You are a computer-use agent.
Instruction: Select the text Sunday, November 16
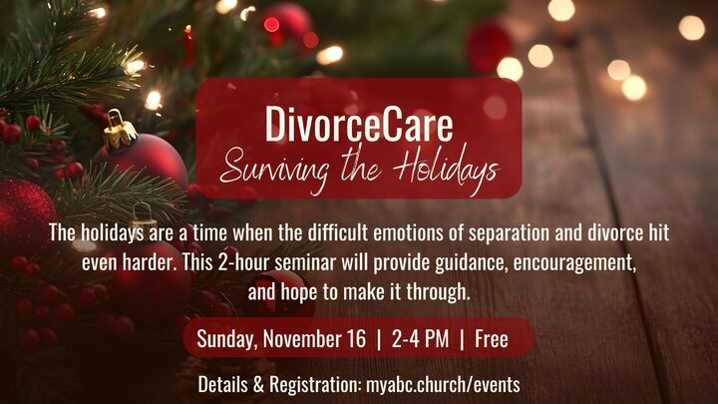(281, 339)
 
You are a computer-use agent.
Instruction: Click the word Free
(492, 339)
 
